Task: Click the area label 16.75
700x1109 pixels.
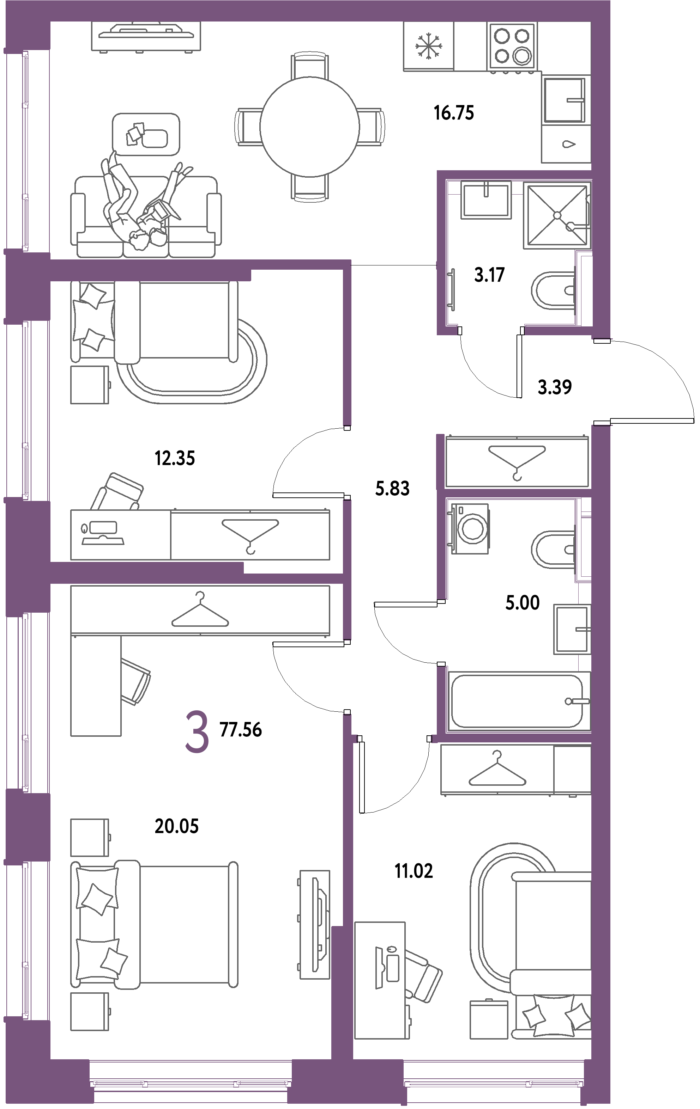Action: pyautogui.click(x=454, y=112)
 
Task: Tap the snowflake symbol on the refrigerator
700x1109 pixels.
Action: pyautogui.click(x=429, y=47)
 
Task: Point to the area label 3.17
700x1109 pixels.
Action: pyautogui.click(x=489, y=275)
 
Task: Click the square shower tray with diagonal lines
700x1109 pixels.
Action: pyautogui.click(x=557, y=215)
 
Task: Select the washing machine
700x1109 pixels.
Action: pyautogui.click(x=470, y=528)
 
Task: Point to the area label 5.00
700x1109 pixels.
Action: pyautogui.click(x=522, y=602)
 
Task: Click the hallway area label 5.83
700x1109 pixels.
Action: pyautogui.click(x=392, y=488)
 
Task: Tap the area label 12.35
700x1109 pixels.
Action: pyautogui.click(x=175, y=458)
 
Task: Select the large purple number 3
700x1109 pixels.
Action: pyautogui.click(x=197, y=732)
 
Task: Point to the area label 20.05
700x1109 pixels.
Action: pyautogui.click(x=176, y=826)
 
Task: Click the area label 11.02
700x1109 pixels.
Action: pyautogui.click(x=414, y=871)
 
